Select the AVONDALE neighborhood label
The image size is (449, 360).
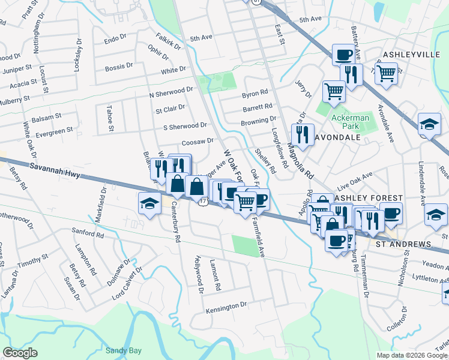[x=338, y=137]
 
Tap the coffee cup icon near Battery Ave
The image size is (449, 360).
[x=343, y=55]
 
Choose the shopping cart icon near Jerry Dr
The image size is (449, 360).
[x=334, y=91]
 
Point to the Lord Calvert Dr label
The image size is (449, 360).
[x=127, y=284]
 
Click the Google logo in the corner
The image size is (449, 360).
[x=20, y=353]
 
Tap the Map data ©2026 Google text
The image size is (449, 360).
[x=411, y=355]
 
